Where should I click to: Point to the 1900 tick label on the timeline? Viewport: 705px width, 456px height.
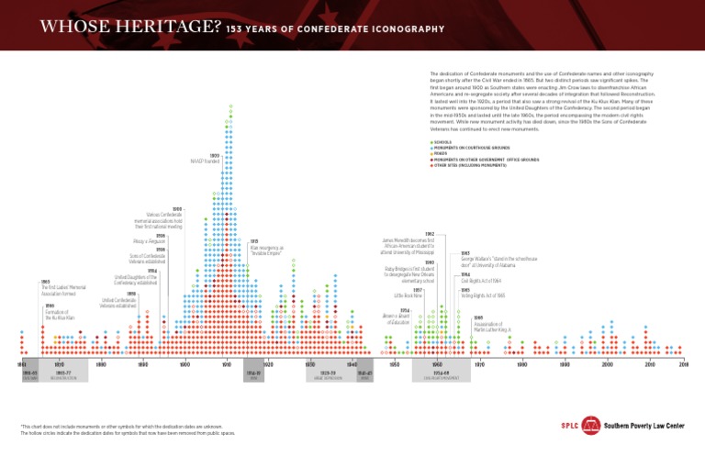(x=185, y=364)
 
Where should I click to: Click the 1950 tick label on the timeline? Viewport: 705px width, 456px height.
(x=394, y=364)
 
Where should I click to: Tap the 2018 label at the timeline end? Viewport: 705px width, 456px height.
(x=683, y=364)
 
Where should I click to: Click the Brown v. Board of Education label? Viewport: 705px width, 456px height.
(x=396, y=317)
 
